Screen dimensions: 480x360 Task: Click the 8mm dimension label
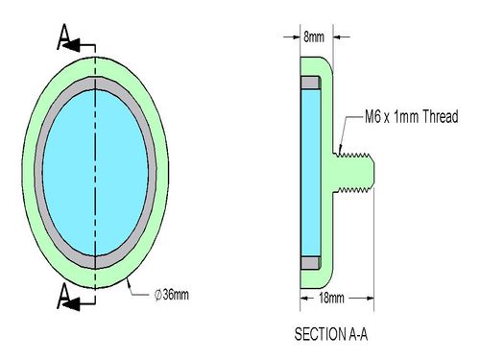pos(314,37)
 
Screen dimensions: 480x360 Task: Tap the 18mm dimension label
pos(331,299)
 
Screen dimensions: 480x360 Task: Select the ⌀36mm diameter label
pos(172,295)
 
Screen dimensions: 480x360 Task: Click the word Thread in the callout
pos(441,116)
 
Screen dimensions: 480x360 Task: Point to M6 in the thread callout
pos(373,116)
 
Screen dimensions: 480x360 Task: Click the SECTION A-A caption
pos(331,334)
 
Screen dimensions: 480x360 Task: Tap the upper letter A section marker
pos(64,36)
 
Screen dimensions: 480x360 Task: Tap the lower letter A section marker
pos(64,296)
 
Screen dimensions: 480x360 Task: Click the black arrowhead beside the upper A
pos(71,45)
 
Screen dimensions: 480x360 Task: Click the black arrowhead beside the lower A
pos(71,304)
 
